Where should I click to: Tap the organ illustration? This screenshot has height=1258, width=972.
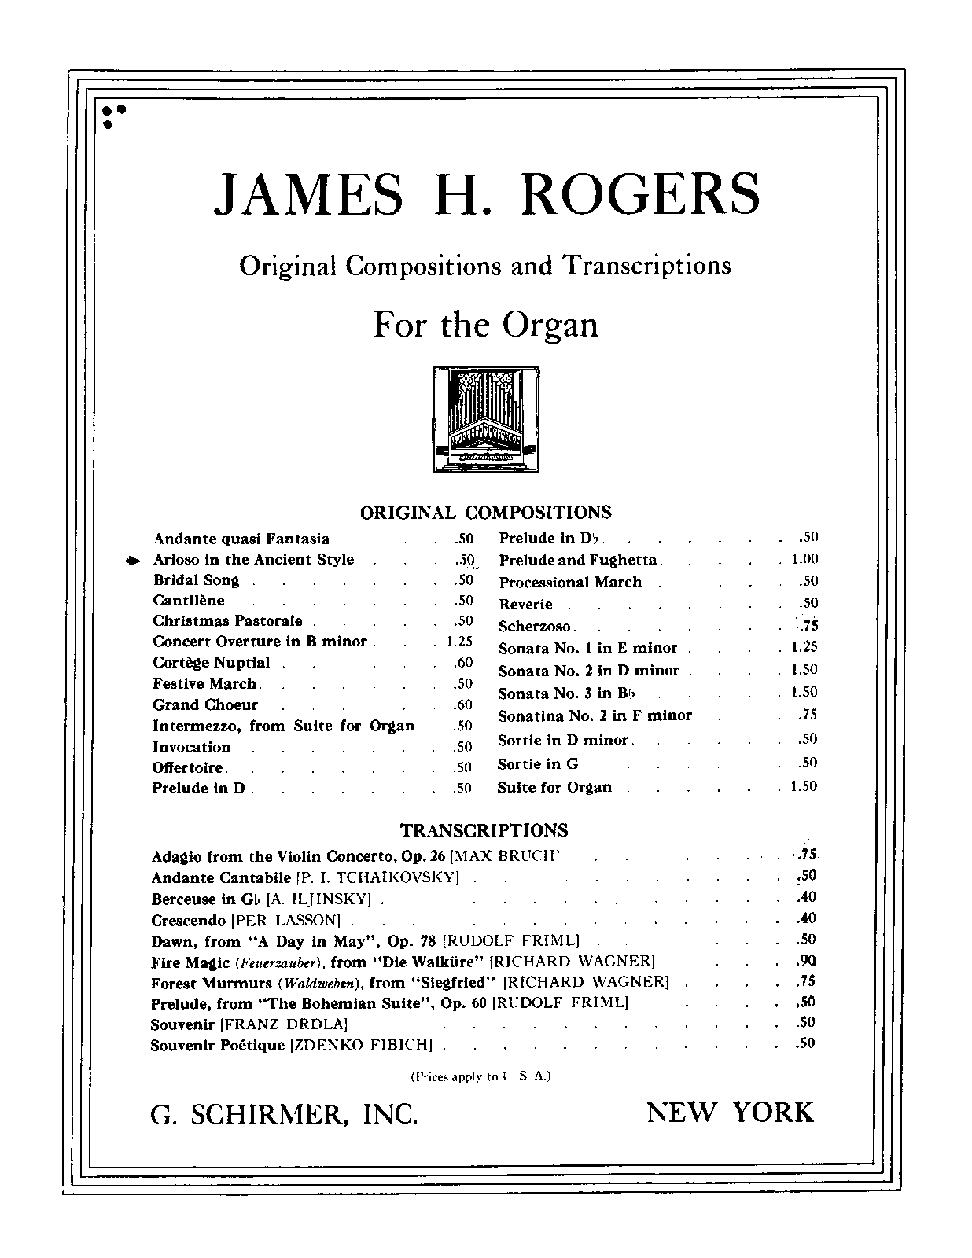[x=486, y=419]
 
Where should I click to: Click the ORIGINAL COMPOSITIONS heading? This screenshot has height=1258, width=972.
[x=485, y=513]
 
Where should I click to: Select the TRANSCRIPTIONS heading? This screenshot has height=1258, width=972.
[x=484, y=830]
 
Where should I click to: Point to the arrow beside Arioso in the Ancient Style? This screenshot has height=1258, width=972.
[x=133, y=561]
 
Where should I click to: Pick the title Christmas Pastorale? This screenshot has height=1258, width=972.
[x=227, y=621]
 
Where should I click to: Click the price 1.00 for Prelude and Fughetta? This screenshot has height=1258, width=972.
[x=804, y=560]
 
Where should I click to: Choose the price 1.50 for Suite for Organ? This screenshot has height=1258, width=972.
[x=804, y=786]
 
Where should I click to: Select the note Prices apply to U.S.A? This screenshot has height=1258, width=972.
[x=480, y=1076]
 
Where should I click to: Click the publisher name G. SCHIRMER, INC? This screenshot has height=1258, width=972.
[x=284, y=1114]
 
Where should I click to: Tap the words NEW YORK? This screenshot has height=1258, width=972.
[x=730, y=1113]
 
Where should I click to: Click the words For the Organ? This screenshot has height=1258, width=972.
[x=485, y=325]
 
